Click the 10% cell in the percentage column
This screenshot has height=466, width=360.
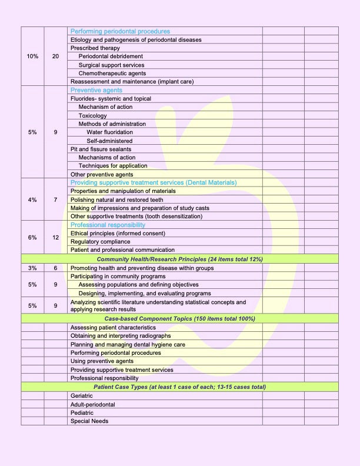[32, 56]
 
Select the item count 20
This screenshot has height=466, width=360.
[55, 56]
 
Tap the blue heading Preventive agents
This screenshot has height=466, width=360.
[96, 90]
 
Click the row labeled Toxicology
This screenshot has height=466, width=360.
[92, 116]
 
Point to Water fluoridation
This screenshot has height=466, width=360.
[109, 132]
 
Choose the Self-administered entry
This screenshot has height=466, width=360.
[109, 141]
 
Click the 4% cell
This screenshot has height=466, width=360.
[32, 199]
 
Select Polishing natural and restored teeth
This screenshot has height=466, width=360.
[117, 199]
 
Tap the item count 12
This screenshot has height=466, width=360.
[55, 238]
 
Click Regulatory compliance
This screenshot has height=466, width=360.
[101, 242]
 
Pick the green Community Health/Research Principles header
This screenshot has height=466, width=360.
[179, 259]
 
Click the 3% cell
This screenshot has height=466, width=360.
[32, 268]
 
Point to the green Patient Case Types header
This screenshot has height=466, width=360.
[179, 387]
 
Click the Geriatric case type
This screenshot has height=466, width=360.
[82, 396]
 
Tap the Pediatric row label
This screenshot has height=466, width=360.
[82, 413]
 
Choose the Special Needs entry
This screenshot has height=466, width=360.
[89, 421]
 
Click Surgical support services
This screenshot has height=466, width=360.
[111, 65]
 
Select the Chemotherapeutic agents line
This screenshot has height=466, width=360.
[112, 74]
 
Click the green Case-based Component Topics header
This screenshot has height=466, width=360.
[179, 318]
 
